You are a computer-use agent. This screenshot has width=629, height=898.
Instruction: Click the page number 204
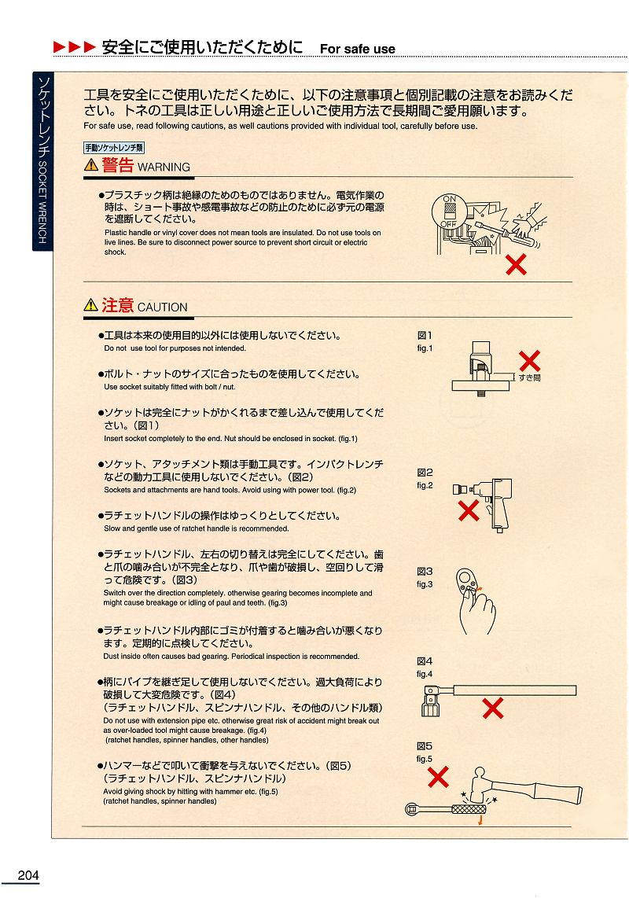pyautogui.click(x=28, y=875)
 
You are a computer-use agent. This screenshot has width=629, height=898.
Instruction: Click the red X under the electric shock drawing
pyautogui.click(x=516, y=264)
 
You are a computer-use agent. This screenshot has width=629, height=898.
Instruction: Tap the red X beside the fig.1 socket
pyautogui.click(x=529, y=361)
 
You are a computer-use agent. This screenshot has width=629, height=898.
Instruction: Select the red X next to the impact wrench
pyautogui.click(x=469, y=510)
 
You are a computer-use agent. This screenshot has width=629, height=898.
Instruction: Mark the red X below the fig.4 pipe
pyautogui.click(x=493, y=708)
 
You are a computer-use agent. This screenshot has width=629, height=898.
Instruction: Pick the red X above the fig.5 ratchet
pyautogui.click(x=438, y=777)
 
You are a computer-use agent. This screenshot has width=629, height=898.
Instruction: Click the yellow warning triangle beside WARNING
pyautogui.click(x=91, y=165)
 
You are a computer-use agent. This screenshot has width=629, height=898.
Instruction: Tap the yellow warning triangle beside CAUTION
pyautogui.click(x=91, y=304)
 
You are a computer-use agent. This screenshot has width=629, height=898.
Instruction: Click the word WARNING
pyautogui.click(x=164, y=167)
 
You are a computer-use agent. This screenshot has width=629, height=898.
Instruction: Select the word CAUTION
pyautogui.click(x=162, y=307)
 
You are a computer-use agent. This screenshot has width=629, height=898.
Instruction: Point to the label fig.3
pyautogui.click(x=425, y=584)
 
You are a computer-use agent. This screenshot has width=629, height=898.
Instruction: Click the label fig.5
pyautogui.click(x=425, y=759)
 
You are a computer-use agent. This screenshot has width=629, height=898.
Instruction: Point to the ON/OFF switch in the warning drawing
pyautogui.click(x=450, y=212)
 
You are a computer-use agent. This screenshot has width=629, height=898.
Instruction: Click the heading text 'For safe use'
pyautogui.click(x=358, y=50)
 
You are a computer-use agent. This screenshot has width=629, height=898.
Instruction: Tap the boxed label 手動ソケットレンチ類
pyautogui.click(x=114, y=148)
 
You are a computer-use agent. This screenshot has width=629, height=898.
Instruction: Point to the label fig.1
pyautogui.click(x=425, y=348)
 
